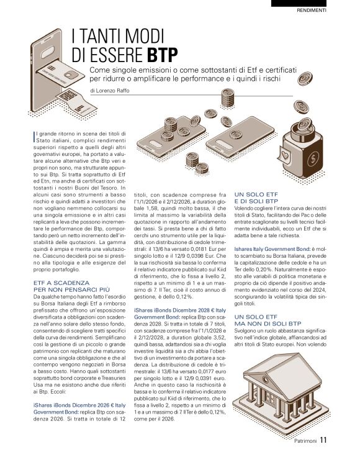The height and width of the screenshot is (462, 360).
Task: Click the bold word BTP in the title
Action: pyautogui.click(x=163, y=54)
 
